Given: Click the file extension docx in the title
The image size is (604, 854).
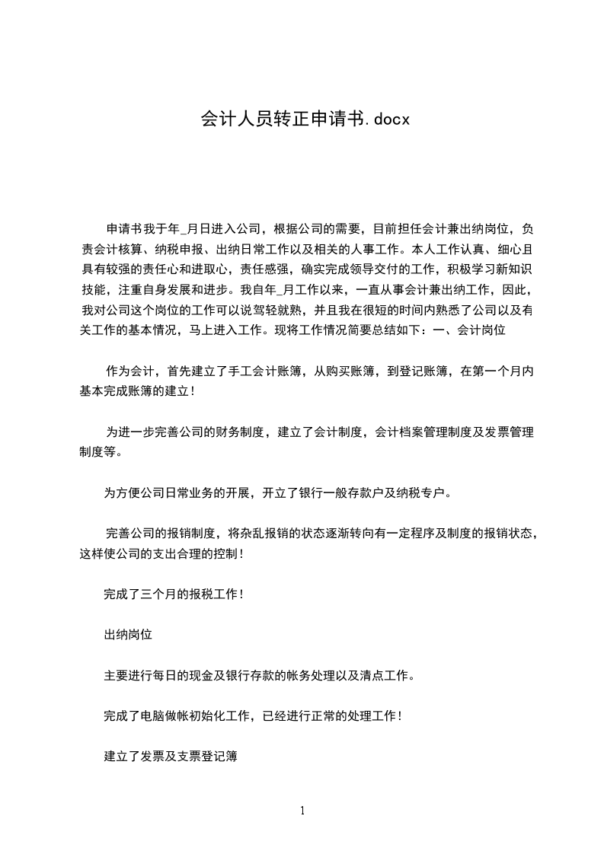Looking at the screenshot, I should [385, 119].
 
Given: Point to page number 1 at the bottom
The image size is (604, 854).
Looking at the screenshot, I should [302, 810].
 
